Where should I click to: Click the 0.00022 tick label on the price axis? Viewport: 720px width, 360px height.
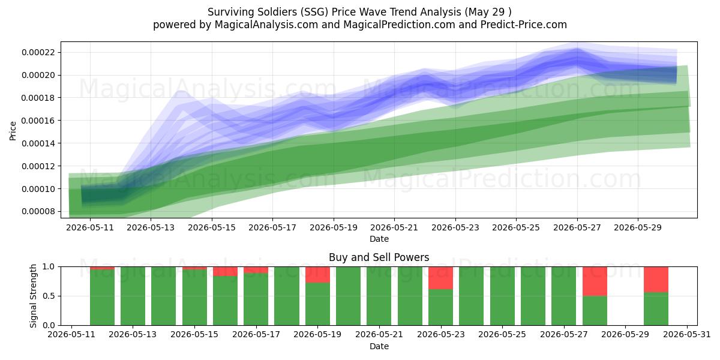click(38, 52)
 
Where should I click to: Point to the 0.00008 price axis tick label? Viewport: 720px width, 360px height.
click(38, 211)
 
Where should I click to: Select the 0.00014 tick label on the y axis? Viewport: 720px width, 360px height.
click(38, 143)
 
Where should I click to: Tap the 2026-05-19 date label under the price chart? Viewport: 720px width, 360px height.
click(334, 227)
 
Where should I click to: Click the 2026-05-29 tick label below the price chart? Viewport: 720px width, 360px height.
click(638, 227)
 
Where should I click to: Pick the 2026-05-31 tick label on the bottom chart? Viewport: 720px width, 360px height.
click(687, 334)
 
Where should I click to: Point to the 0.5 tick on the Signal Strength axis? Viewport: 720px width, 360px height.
click(49, 296)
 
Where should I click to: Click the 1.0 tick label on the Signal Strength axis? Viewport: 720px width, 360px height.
click(49, 266)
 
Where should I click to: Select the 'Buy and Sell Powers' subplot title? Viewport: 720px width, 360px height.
click(379, 257)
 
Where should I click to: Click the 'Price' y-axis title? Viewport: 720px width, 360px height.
click(13, 131)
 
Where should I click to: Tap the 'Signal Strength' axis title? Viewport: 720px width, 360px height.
click(33, 296)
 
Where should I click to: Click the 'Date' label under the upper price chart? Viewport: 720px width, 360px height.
click(379, 239)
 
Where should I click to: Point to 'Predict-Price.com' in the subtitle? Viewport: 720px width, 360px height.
click(524, 25)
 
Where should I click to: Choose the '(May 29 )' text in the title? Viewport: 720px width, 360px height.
click(488, 12)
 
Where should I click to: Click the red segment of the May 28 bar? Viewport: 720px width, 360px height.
click(595, 281)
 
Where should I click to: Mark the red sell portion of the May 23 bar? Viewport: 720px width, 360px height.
click(440, 278)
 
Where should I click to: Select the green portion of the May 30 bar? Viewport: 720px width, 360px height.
click(656, 308)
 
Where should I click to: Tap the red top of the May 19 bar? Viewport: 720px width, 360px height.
click(317, 275)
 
